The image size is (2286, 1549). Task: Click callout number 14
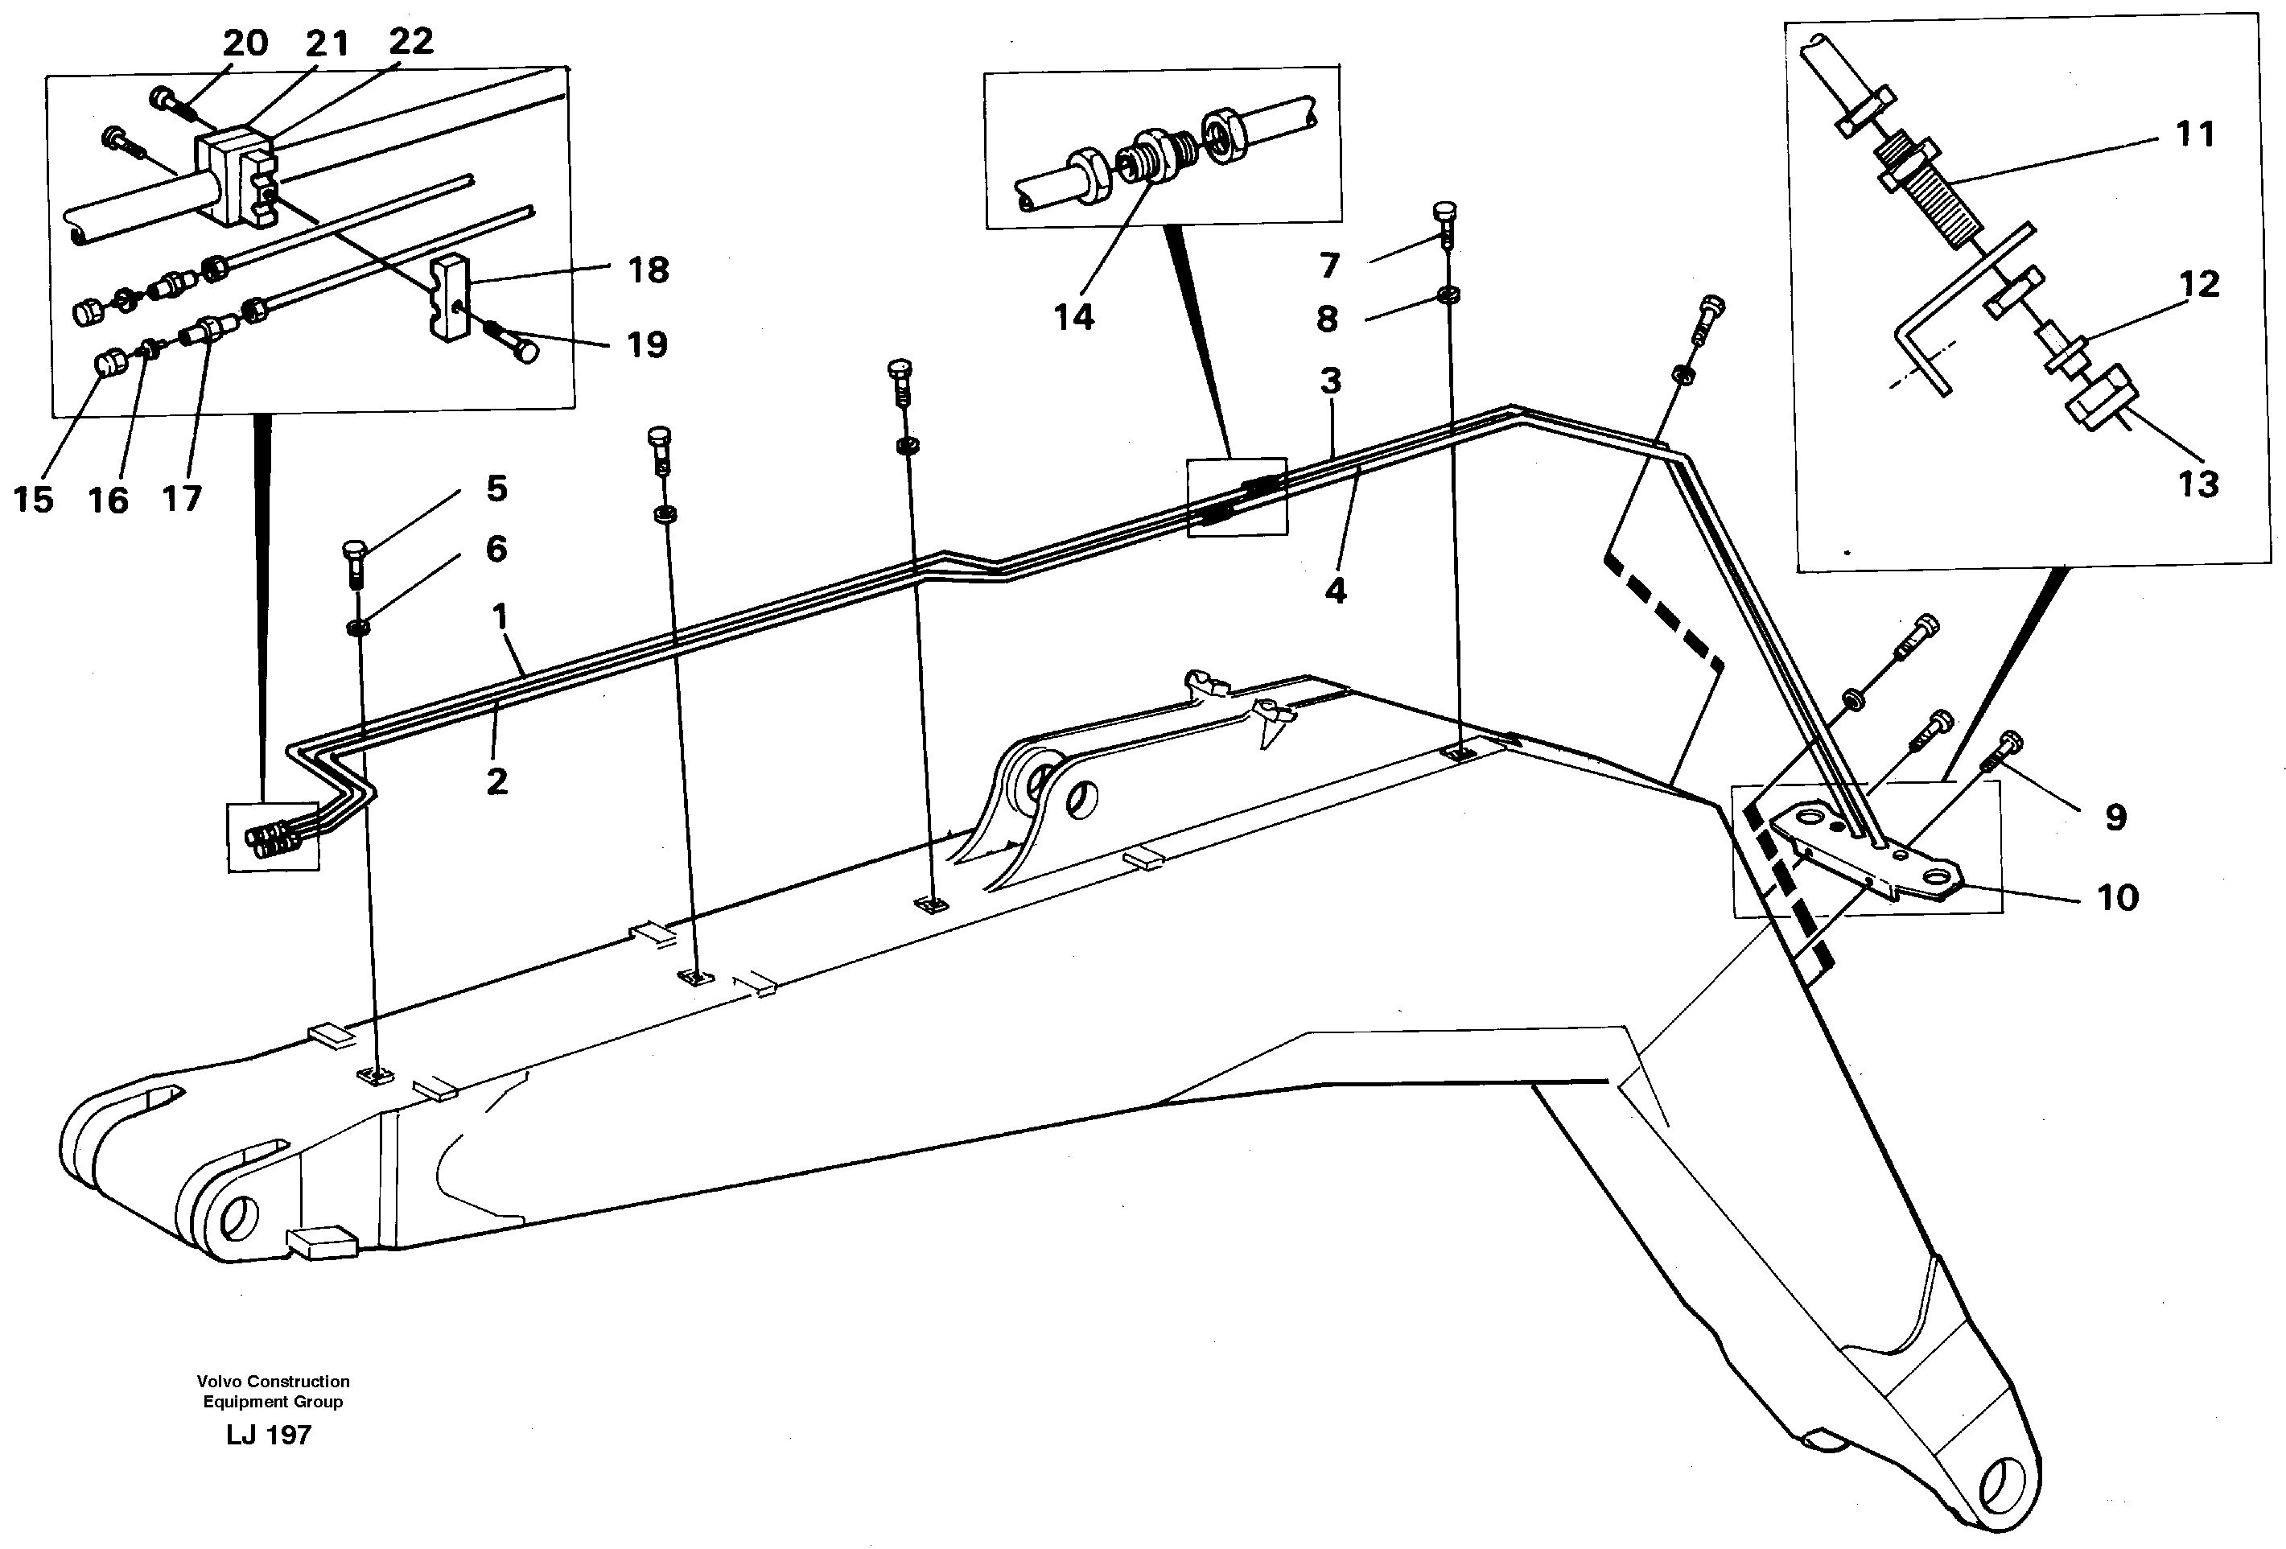pos(1073,318)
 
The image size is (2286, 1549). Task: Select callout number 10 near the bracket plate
pos(2117,898)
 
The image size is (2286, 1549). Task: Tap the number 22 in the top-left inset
pos(410,41)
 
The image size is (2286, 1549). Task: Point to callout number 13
pos(2198,485)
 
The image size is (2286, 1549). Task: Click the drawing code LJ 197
pos(268,1435)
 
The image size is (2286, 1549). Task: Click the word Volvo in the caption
pos(218,1381)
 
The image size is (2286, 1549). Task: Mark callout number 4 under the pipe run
pos(1335,591)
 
